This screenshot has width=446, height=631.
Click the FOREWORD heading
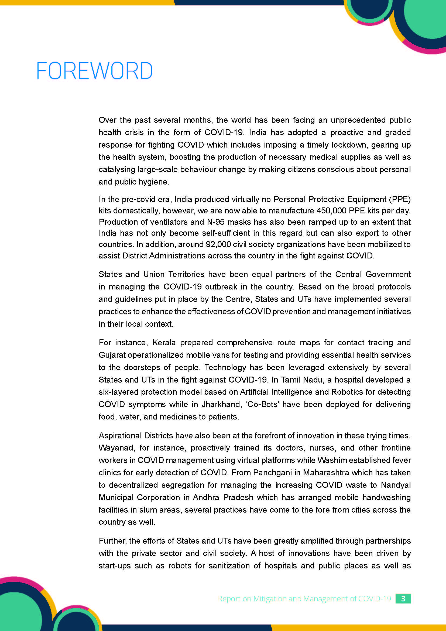click(x=94, y=71)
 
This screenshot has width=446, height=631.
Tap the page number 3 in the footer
click(x=403, y=599)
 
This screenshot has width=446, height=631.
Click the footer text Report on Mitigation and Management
click(x=304, y=599)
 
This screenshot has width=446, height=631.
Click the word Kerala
click(x=164, y=342)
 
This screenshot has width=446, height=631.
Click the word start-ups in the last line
click(x=115, y=566)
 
